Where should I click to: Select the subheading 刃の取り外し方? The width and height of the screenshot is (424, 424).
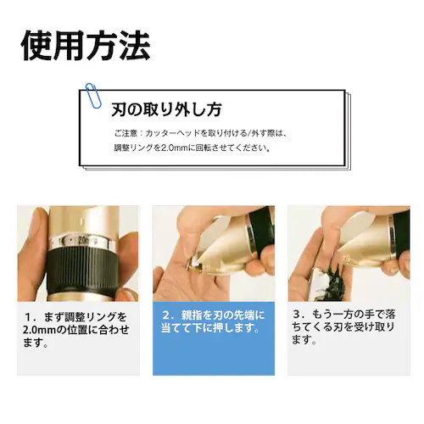click(x=167, y=109)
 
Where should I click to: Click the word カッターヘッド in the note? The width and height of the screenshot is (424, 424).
click(x=172, y=133)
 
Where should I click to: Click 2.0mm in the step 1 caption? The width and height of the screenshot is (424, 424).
click(x=37, y=330)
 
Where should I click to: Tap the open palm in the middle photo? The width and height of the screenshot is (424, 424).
click(x=182, y=271)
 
